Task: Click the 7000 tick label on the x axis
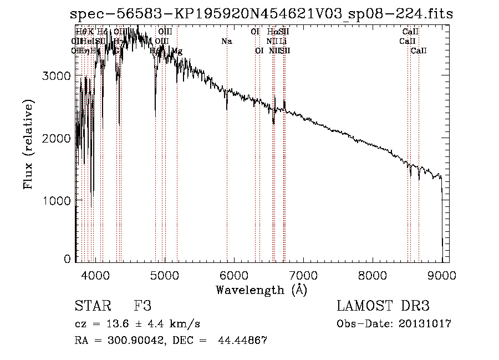pos(303,275)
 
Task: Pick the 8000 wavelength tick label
pos(373,275)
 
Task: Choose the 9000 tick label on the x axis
pos(442,275)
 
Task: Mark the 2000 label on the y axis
pos(57,138)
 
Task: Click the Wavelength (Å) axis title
pos(261,290)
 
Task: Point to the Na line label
pos(226,41)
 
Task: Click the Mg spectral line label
pos(177,51)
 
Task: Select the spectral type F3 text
pos(142,306)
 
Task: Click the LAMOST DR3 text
pos(383,306)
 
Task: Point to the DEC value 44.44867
pos(244,341)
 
